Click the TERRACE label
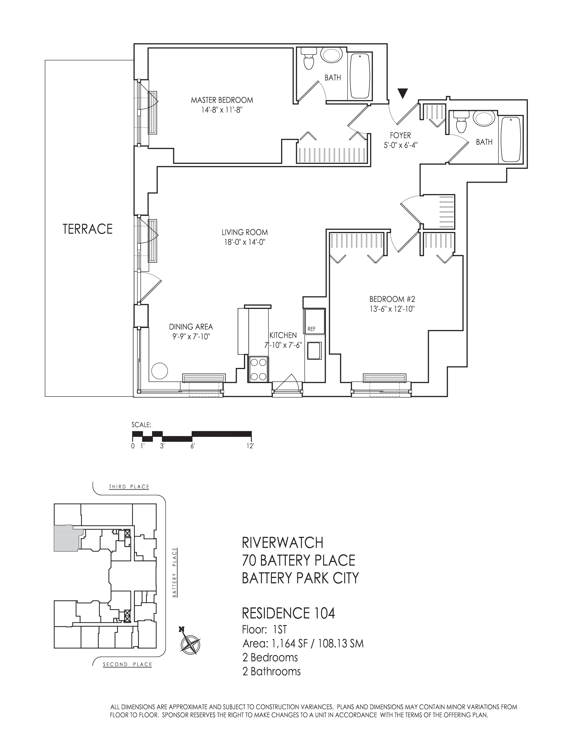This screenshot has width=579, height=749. click(x=88, y=229)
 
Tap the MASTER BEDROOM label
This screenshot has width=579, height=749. click(x=222, y=100)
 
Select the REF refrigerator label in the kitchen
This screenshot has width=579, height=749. click(x=311, y=329)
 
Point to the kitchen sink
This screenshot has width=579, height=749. click(x=314, y=350)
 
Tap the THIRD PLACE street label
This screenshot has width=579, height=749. click(x=129, y=487)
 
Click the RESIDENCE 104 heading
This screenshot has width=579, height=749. click(x=288, y=613)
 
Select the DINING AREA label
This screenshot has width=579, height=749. click(x=191, y=327)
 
